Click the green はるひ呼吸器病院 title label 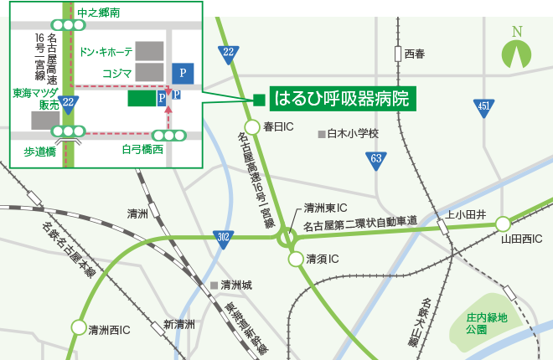[x=344, y=100]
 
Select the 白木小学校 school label [x=353, y=133]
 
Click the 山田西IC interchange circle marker [x=503, y=224]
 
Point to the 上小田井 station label [x=466, y=214]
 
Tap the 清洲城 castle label [x=235, y=285]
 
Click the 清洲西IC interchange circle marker [x=79, y=328]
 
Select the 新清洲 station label [x=178, y=324]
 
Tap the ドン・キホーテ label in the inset [x=106, y=52]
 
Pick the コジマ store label [x=117, y=73]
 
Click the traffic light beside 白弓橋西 [x=169, y=136]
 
